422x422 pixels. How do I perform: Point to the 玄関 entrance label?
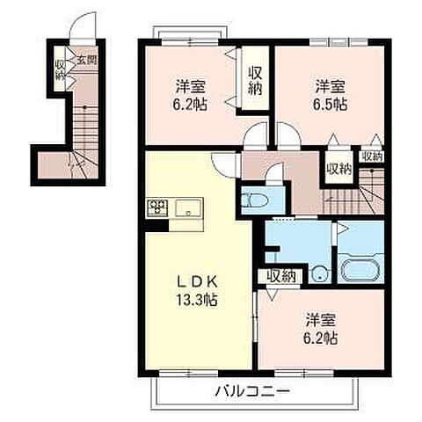86,61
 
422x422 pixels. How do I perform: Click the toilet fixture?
251,200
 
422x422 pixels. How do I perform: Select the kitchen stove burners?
157,208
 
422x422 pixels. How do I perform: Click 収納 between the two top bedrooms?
256,80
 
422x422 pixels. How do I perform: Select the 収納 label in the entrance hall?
60,69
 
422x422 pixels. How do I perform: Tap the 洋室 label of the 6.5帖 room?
331,86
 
